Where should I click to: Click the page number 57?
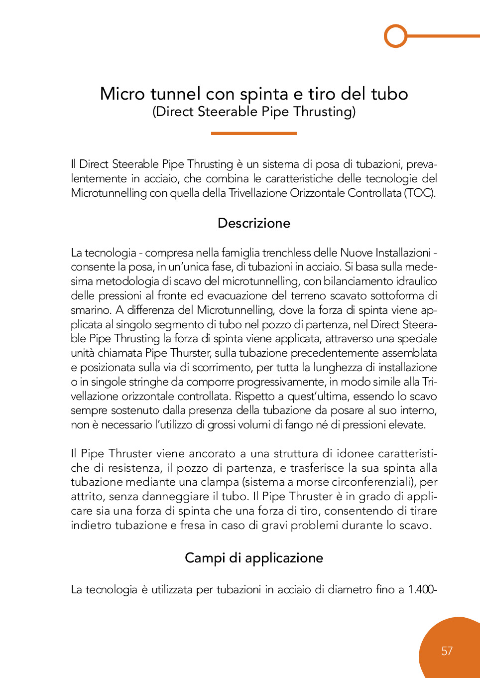point(447,651)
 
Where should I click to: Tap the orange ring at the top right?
point(396,36)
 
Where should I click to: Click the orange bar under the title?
point(253,134)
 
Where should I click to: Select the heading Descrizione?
point(253,223)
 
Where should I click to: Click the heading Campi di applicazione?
point(253,558)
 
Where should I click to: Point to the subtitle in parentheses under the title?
point(253,112)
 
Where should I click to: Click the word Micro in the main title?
point(122,94)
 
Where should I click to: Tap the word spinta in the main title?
point(264,94)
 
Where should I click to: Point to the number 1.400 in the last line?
point(420,589)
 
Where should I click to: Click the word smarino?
point(91,310)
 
